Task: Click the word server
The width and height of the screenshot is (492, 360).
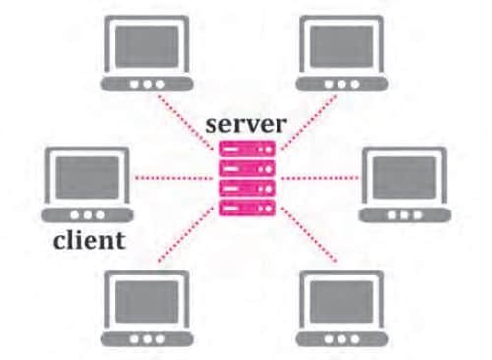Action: click(246, 126)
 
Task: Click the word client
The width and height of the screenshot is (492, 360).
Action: click(88, 240)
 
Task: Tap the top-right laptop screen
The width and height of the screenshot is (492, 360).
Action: click(343, 43)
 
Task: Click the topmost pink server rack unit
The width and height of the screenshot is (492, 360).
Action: click(246, 150)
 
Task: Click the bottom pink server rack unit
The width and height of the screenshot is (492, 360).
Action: click(246, 208)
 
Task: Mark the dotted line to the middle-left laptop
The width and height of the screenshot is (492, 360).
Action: click(172, 178)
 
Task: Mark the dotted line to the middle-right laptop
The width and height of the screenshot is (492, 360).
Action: click(320, 178)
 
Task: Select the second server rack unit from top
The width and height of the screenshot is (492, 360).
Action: click(246, 169)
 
